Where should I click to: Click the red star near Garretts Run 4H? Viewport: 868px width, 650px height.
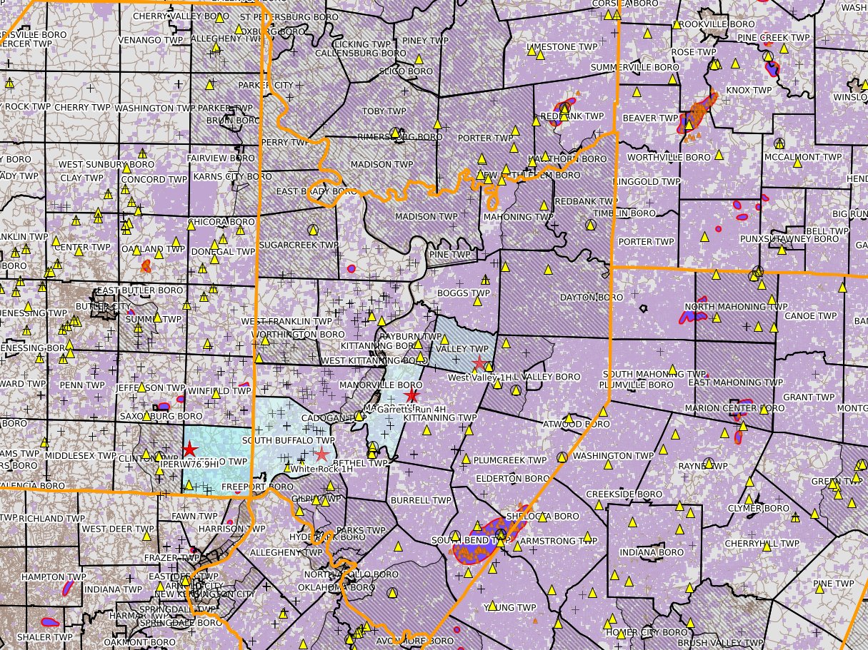[x=411, y=396]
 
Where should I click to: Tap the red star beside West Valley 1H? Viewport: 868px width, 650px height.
[x=479, y=364]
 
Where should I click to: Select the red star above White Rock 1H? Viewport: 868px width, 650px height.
[x=321, y=455]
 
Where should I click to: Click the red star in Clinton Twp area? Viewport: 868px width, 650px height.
[x=189, y=450]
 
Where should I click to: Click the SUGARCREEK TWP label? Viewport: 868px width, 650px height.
[x=299, y=245]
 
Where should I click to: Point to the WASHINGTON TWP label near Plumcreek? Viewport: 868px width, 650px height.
[x=613, y=455]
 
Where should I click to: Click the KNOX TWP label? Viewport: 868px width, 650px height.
[x=749, y=91]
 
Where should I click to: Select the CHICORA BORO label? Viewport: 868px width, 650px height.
[x=218, y=223]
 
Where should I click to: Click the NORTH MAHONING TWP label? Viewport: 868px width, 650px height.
[x=726, y=307]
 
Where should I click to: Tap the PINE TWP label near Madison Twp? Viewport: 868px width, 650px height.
[x=449, y=254]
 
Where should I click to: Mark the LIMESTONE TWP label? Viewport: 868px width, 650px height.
[x=562, y=46]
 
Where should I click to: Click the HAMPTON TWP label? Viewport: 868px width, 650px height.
[x=54, y=577]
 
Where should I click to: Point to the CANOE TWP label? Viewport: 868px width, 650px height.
[x=810, y=315]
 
